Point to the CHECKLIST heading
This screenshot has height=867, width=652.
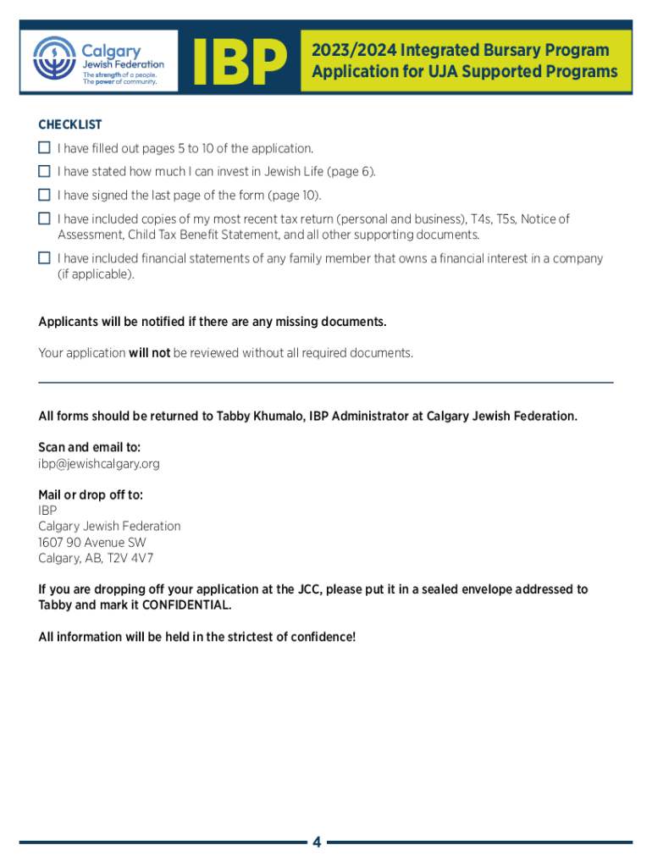pos(70,124)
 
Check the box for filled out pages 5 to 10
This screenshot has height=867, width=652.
pos(44,147)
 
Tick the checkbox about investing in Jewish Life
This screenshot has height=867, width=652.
pos(44,171)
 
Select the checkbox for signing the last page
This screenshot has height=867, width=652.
pos(44,195)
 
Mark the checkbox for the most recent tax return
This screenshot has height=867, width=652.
pos(44,218)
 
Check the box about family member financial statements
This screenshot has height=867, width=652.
pos(44,257)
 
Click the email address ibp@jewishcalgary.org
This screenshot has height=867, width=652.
pos(99,464)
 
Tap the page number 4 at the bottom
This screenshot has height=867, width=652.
pos(316,842)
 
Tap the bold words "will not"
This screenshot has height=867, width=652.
pos(149,352)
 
